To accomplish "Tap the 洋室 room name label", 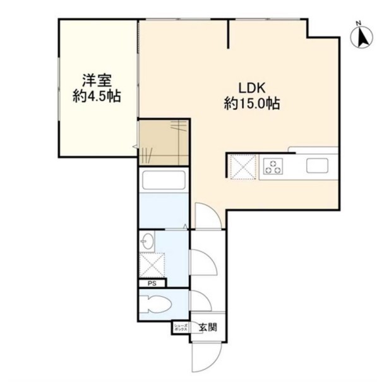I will click(x=96, y=81).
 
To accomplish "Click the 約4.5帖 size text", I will click(x=96, y=97).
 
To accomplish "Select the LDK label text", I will click(x=251, y=87).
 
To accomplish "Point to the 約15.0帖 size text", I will click(x=251, y=103).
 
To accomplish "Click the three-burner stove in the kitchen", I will click(x=274, y=166).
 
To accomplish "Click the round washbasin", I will click(x=148, y=241).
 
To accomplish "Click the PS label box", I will click(x=152, y=284).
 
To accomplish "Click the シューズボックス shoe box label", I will click(x=179, y=328).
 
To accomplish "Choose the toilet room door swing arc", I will click(x=200, y=301).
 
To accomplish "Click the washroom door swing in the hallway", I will click(x=200, y=261).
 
